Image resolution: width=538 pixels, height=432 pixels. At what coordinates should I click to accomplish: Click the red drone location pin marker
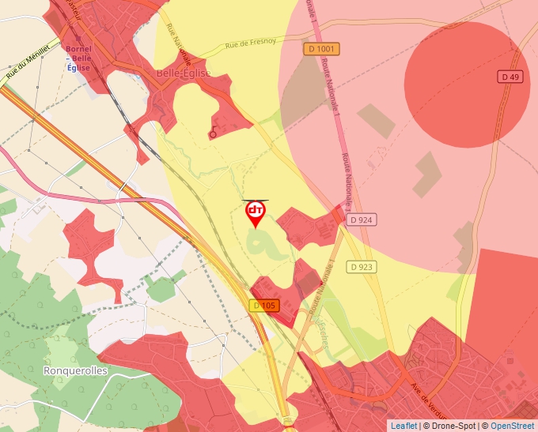pos(255,212)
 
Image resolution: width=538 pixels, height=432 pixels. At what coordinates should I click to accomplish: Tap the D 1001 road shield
pos(320,49)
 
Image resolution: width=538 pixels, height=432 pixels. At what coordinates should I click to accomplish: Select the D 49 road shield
pos(510,77)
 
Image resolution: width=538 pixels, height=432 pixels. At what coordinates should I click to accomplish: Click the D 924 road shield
pos(360,220)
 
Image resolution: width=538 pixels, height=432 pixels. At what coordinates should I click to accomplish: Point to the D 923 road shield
pos(360,267)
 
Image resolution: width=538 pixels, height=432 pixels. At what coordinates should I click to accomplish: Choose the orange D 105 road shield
pos(266,306)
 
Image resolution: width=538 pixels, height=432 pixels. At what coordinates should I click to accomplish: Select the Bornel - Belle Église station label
pos(79,58)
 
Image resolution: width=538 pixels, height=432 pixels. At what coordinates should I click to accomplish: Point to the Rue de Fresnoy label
pos(252,45)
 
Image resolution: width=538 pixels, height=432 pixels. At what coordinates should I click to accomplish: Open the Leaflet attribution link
pos(403,426)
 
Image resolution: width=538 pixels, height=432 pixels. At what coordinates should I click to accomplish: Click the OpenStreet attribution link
pos(512,426)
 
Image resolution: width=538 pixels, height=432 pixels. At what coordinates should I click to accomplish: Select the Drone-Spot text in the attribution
pos(454,426)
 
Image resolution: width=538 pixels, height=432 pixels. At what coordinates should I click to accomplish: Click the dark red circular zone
pos(467,85)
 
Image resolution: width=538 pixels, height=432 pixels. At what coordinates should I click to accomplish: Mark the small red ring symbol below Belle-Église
pos(212,135)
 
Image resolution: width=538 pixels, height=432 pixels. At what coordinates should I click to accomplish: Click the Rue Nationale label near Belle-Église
pos(180,47)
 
